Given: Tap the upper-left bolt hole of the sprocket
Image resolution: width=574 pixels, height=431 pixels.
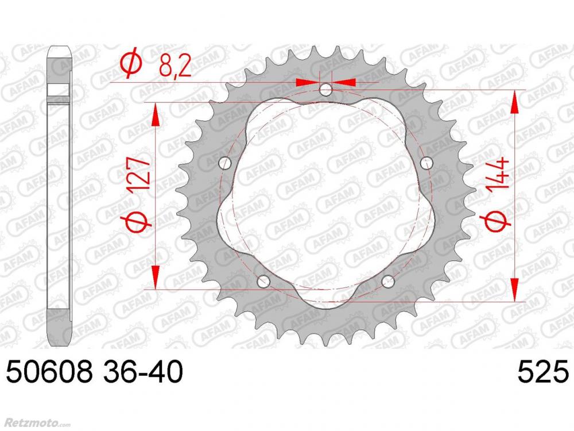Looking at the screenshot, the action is tap(225, 163).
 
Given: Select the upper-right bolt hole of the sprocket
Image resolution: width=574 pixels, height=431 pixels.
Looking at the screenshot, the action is tap(426, 163).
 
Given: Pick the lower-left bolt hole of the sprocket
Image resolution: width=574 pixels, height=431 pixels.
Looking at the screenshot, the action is tap(263, 282).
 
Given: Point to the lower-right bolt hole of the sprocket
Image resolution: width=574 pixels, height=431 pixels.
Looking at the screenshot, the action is tap(388, 282).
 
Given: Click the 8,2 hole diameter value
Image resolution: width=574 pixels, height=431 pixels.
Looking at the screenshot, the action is tap(176, 66).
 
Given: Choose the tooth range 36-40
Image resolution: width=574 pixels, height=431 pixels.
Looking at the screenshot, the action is tap(142, 371).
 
